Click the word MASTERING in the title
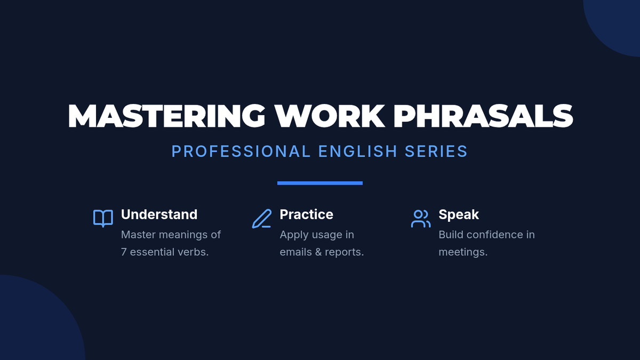point(166,116)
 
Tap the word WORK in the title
point(330,116)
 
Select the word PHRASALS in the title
point(483,116)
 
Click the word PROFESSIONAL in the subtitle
point(241,151)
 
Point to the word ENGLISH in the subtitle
point(358,151)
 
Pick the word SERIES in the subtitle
point(436,151)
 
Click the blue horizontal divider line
point(320,183)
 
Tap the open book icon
point(103,218)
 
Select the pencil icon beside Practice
point(262,219)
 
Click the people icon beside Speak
point(421,219)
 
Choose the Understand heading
point(159,214)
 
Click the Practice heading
point(306,214)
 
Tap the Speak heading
point(459,215)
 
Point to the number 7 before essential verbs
point(124,252)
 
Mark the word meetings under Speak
point(463,252)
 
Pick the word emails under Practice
point(295,252)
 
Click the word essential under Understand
point(153,252)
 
